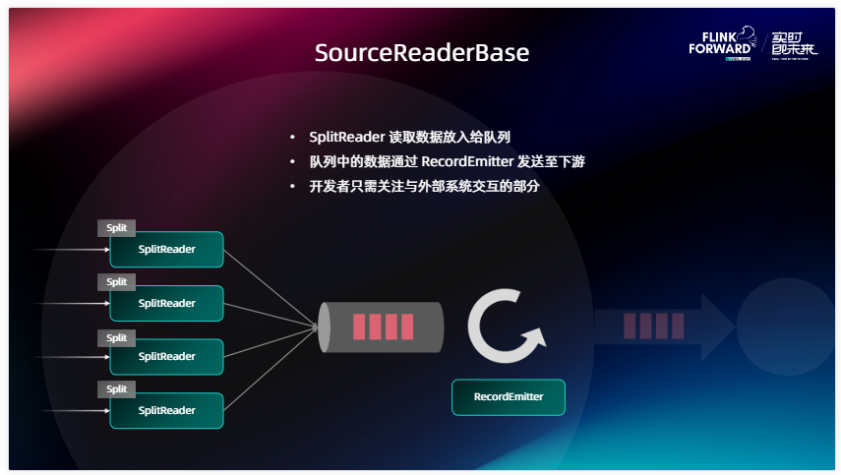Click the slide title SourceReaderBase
421,53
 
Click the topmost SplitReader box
166,250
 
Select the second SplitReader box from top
166,303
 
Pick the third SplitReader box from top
166,357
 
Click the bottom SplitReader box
166,410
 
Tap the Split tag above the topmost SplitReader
117,228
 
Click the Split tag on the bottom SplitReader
117,388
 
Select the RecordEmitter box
508,397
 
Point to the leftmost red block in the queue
360,327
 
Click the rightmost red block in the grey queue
407,327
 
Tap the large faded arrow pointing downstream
664,327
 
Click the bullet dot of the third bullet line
292,187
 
